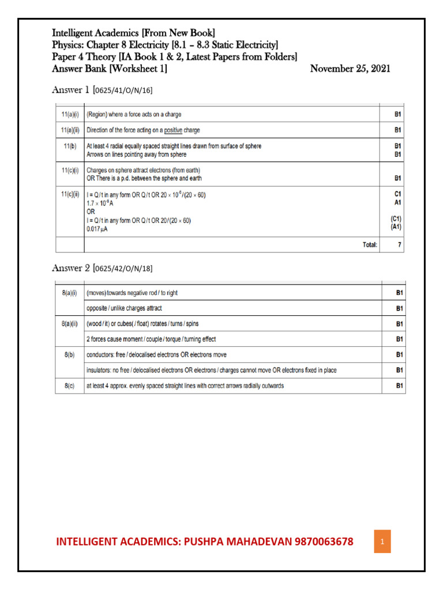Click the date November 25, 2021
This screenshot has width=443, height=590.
tap(350, 69)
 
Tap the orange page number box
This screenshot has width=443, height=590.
tap(382, 542)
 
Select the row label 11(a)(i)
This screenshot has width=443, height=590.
tap(70, 115)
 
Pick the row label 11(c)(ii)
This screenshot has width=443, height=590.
tap(70, 195)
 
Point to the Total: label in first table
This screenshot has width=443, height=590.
tap(370, 245)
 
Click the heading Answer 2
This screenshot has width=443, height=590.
tap(72, 268)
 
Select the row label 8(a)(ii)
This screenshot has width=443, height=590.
tap(70, 324)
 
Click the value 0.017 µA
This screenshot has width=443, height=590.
tap(97, 229)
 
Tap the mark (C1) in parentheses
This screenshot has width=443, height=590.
tap(396, 220)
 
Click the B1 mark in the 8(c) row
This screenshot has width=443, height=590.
tap(398, 386)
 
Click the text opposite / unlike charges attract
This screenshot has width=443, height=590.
tap(124, 308)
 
